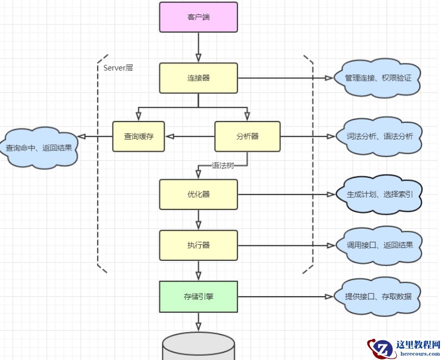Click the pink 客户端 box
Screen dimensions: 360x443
click(x=198, y=17)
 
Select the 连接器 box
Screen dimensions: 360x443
click(x=198, y=78)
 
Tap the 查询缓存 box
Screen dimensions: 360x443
click(x=139, y=136)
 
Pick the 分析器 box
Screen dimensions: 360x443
click(x=247, y=136)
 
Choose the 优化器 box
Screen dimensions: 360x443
click(x=198, y=195)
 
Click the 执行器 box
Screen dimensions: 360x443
click(x=198, y=245)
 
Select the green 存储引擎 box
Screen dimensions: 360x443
click(x=198, y=297)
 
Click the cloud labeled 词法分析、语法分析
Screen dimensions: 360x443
click(x=380, y=136)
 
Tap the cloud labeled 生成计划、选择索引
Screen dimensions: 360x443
click(x=380, y=195)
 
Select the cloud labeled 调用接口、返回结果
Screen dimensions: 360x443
click(x=380, y=245)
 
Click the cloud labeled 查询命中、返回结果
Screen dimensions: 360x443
click(x=39, y=148)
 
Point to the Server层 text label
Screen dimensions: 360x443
click(x=118, y=67)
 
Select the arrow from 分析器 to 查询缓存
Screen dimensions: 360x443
click(x=189, y=136)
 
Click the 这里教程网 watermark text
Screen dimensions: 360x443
click(x=418, y=345)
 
